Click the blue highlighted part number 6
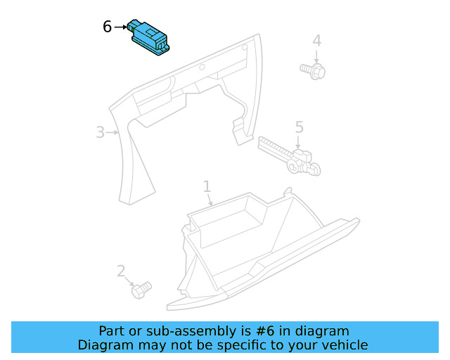149,35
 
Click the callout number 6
107,27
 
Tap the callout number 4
317,41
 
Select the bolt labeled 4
311,70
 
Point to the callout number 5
299,127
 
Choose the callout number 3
101,131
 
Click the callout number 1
207,186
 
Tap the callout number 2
121,271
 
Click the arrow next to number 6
119,27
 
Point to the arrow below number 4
317,56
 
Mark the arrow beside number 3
112,131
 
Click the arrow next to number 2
129,281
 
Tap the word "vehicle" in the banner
344,345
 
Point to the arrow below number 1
210,200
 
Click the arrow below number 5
299,142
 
